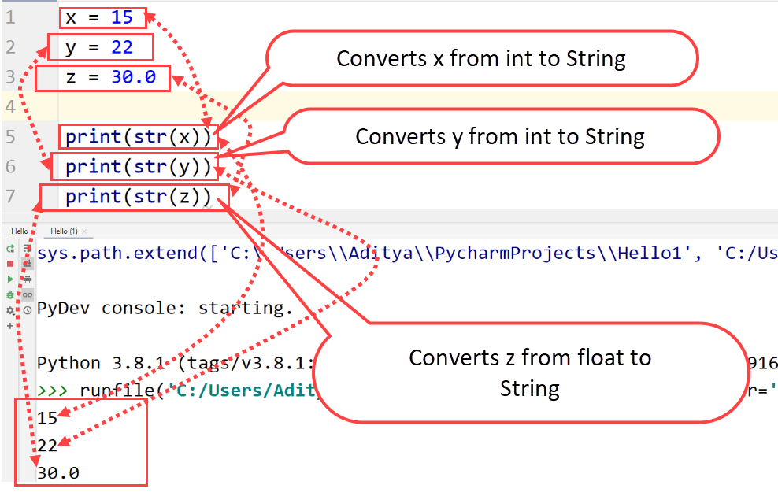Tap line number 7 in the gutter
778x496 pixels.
[x=9, y=196]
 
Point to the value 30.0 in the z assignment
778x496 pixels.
[x=133, y=77]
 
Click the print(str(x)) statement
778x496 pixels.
[x=138, y=137]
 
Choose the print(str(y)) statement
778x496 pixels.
[x=138, y=167]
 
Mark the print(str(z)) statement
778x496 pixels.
[x=138, y=197]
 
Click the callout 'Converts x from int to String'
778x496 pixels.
[x=481, y=59]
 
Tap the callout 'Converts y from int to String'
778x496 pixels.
[x=500, y=137]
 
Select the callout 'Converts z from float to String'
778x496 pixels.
[x=530, y=372]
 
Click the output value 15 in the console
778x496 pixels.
[x=47, y=418]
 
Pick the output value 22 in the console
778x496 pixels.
[x=47, y=446]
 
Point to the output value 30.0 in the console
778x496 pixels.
[x=57, y=473]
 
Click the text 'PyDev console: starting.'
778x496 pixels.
[x=165, y=308]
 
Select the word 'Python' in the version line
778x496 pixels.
[x=69, y=363]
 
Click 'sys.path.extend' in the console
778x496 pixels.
[x=101, y=253]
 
